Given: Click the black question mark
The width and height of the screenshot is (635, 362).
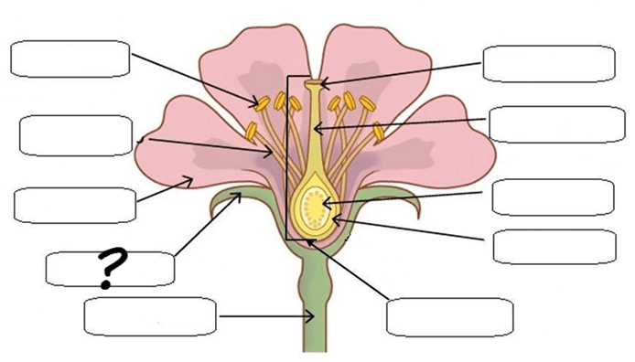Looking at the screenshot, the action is (x=113, y=267).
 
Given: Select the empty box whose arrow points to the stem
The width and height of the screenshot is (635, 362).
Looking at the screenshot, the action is (x=150, y=316).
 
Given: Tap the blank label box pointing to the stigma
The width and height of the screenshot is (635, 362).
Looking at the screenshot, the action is (x=549, y=63).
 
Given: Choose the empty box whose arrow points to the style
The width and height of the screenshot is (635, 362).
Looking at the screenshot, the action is (x=557, y=124).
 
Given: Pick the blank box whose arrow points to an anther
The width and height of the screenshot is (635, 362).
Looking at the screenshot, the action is (x=70, y=59).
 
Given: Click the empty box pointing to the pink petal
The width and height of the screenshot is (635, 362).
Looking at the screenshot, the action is (x=75, y=205).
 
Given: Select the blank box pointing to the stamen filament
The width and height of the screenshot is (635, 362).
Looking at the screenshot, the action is (x=76, y=135).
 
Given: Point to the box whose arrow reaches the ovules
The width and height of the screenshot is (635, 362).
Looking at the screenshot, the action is (x=554, y=197).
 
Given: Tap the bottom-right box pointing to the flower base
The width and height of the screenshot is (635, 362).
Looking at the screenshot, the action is (x=450, y=317).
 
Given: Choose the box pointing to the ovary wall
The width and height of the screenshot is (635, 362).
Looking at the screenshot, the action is (x=554, y=247).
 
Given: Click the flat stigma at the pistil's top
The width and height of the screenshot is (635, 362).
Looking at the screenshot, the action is (x=312, y=83).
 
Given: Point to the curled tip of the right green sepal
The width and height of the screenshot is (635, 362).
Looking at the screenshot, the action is (x=415, y=210).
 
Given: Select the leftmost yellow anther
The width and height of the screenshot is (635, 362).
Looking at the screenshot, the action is (x=251, y=131).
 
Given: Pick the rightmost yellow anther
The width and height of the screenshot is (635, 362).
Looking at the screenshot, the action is (x=379, y=132).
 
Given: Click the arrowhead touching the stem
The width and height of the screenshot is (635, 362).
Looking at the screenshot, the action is (x=310, y=316).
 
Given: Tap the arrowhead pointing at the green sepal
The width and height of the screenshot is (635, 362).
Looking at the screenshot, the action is (x=236, y=197).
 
